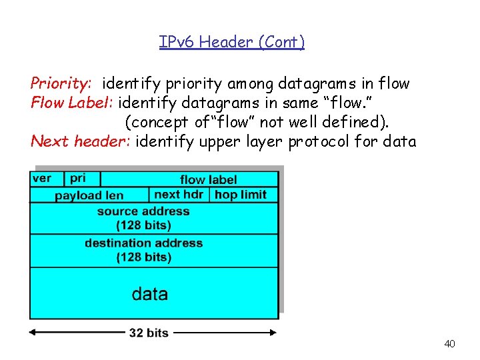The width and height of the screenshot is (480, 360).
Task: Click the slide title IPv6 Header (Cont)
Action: pyautogui.click(x=232, y=43)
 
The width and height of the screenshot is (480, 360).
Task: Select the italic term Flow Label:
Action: pyautogui.click(x=72, y=103)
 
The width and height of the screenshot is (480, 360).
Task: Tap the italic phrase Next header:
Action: pyautogui.click(x=81, y=142)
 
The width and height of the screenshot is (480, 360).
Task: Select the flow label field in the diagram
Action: pyautogui.click(x=208, y=179)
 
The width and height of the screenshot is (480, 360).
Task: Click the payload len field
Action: pyautogui.click(x=89, y=195)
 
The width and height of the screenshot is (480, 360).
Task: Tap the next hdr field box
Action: pyautogui.click(x=178, y=195)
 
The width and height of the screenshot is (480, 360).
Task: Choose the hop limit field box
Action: pyautogui.click(x=241, y=195)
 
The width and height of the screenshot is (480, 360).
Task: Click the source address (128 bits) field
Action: pyautogui.click(x=143, y=218)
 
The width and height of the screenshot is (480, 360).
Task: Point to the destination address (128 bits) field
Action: pyautogui.click(x=143, y=250)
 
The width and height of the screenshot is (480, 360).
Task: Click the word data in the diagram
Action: pyautogui.click(x=150, y=294)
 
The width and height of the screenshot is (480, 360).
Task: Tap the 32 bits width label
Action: pyautogui.click(x=148, y=333)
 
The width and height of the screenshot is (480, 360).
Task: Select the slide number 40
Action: pyautogui.click(x=449, y=344)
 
